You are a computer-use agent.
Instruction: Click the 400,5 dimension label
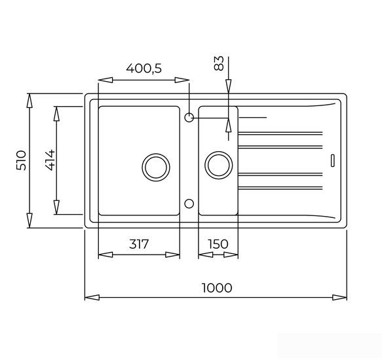tap(143, 68)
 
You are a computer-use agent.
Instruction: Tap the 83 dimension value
tap(219, 63)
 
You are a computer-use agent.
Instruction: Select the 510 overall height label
tap(21, 160)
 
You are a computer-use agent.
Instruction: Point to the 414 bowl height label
tap(50, 160)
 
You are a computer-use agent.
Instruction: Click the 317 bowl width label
tap(139, 244)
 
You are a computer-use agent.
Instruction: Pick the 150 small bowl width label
tap(218, 244)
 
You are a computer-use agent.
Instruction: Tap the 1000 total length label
tap(217, 288)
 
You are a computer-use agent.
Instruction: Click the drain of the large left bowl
tap(156, 167)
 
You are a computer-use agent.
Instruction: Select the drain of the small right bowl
tap(219, 166)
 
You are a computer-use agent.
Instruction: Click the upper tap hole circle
tap(189, 118)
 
